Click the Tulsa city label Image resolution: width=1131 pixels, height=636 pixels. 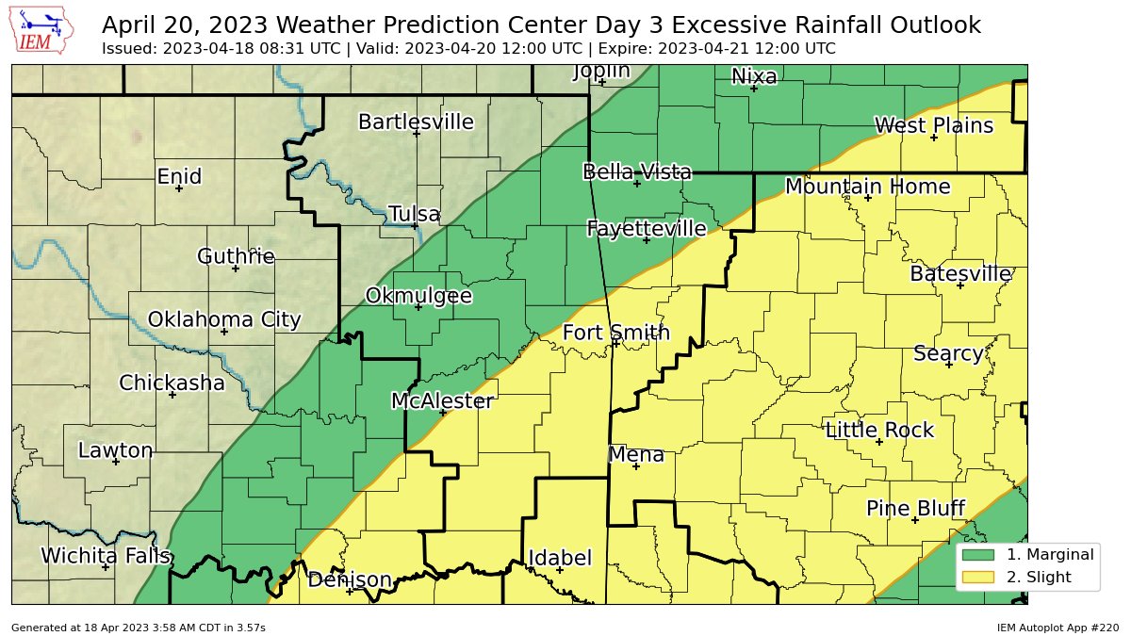pos(415,215)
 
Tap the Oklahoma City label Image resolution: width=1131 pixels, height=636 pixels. pos(224,319)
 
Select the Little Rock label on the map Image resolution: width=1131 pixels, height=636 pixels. pos(879,431)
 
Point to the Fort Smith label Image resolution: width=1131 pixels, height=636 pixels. pos(616,333)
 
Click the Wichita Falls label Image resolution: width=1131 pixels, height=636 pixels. pos(106,556)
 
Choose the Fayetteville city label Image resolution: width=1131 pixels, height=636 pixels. pos(647,228)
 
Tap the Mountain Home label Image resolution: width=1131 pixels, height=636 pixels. pos(867,187)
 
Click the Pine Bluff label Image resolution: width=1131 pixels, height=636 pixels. pos(915,509)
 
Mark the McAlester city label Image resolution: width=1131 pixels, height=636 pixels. pos(442,401)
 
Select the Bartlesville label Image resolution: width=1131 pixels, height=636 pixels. pos(416,122)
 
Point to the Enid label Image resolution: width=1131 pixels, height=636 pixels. pos(179,177)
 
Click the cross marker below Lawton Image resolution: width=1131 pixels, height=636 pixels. pos(116,462)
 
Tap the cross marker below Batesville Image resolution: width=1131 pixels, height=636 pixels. pos(960,285)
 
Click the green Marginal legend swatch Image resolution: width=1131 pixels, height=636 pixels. pos(977,554)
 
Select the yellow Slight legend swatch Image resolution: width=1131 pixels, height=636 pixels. pos(977,576)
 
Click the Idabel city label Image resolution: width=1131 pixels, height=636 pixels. pos(560,558)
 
